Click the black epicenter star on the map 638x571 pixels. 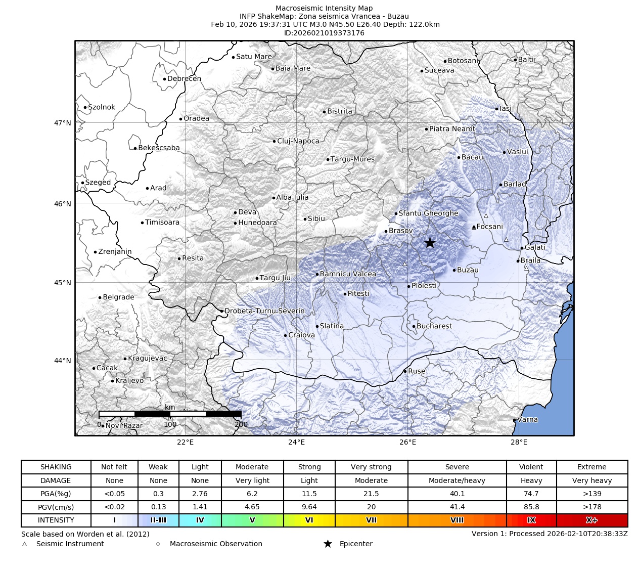click(430, 243)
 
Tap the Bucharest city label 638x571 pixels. click(434, 326)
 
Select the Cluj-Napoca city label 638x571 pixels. click(298, 141)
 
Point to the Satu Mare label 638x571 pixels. click(254, 57)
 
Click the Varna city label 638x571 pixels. click(527, 419)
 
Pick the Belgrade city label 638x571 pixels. click(118, 297)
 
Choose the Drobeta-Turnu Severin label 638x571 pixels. click(264, 311)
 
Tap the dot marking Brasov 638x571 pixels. click(386, 231)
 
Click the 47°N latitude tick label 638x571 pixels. click(63, 123)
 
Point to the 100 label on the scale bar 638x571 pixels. click(170, 424)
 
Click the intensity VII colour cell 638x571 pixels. click(371, 520)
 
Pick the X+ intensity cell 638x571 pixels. click(591, 520)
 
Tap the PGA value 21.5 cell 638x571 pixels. click(371, 494)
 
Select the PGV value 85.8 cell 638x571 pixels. click(531, 507)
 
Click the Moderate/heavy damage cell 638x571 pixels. click(457, 480)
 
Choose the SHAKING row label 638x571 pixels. click(56, 467)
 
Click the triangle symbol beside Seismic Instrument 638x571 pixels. click(24, 544)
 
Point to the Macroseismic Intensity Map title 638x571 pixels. click(324, 8)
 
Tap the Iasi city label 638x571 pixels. click(506, 109)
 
